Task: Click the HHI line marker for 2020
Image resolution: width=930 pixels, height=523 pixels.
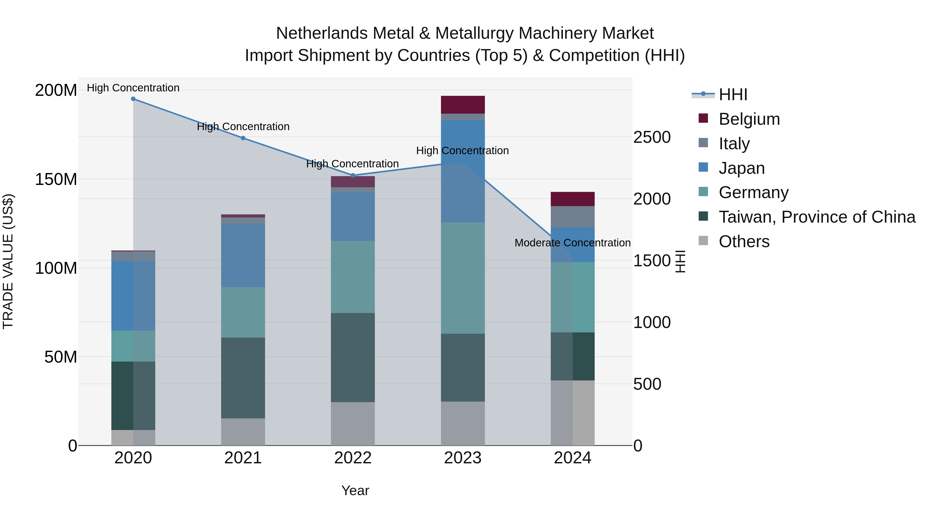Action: pyautogui.click(x=133, y=99)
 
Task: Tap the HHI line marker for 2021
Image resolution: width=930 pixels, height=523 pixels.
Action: pyautogui.click(x=243, y=138)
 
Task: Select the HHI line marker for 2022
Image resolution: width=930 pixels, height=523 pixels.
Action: pyautogui.click(x=353, y=175)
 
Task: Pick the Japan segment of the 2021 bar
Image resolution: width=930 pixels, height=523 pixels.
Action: pyautogui.click(x=243, y=255)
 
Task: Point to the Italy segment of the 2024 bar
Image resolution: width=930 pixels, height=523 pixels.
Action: pyautogui.click(x=572, y=217)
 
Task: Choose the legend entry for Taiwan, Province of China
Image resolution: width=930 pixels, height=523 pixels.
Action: pyautogui.click(x=817, y=217)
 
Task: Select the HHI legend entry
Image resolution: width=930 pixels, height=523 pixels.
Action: pyautogui.click(x=733, y=95)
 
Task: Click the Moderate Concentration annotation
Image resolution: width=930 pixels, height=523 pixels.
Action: pyautogui.click(x=572, y=243)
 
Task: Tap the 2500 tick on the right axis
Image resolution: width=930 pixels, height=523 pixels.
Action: pyautogui.click(x=652, y=137)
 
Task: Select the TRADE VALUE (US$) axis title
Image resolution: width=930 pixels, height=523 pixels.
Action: pyautogui.click(x=8, y=261)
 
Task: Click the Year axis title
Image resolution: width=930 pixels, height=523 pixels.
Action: pyautogui.click(x=355, y=490)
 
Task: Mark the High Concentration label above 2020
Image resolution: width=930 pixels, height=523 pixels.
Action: pyautogui.click(x=133, y=88)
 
